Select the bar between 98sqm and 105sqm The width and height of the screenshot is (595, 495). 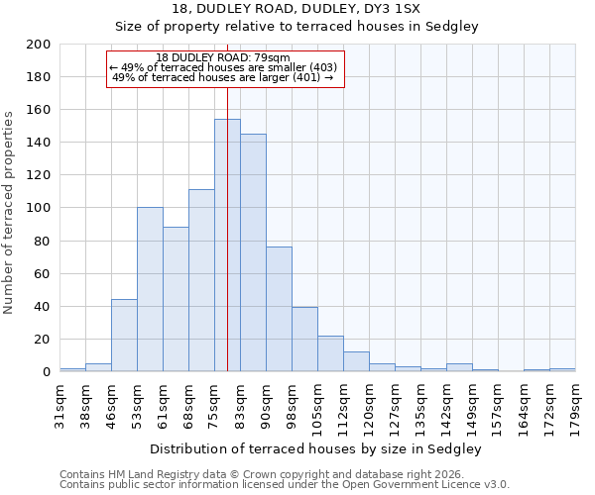point(304,339)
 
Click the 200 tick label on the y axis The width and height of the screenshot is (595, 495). point(39,45)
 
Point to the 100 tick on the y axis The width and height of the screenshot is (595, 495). point(39,208)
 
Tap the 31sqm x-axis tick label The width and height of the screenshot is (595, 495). point(60,407)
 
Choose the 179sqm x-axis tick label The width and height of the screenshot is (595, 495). point(576,407)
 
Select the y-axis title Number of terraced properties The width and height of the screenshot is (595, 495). point(9,212)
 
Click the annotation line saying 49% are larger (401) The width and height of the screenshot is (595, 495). point(223,77)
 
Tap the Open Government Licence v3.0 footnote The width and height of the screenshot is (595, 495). point(285,484)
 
